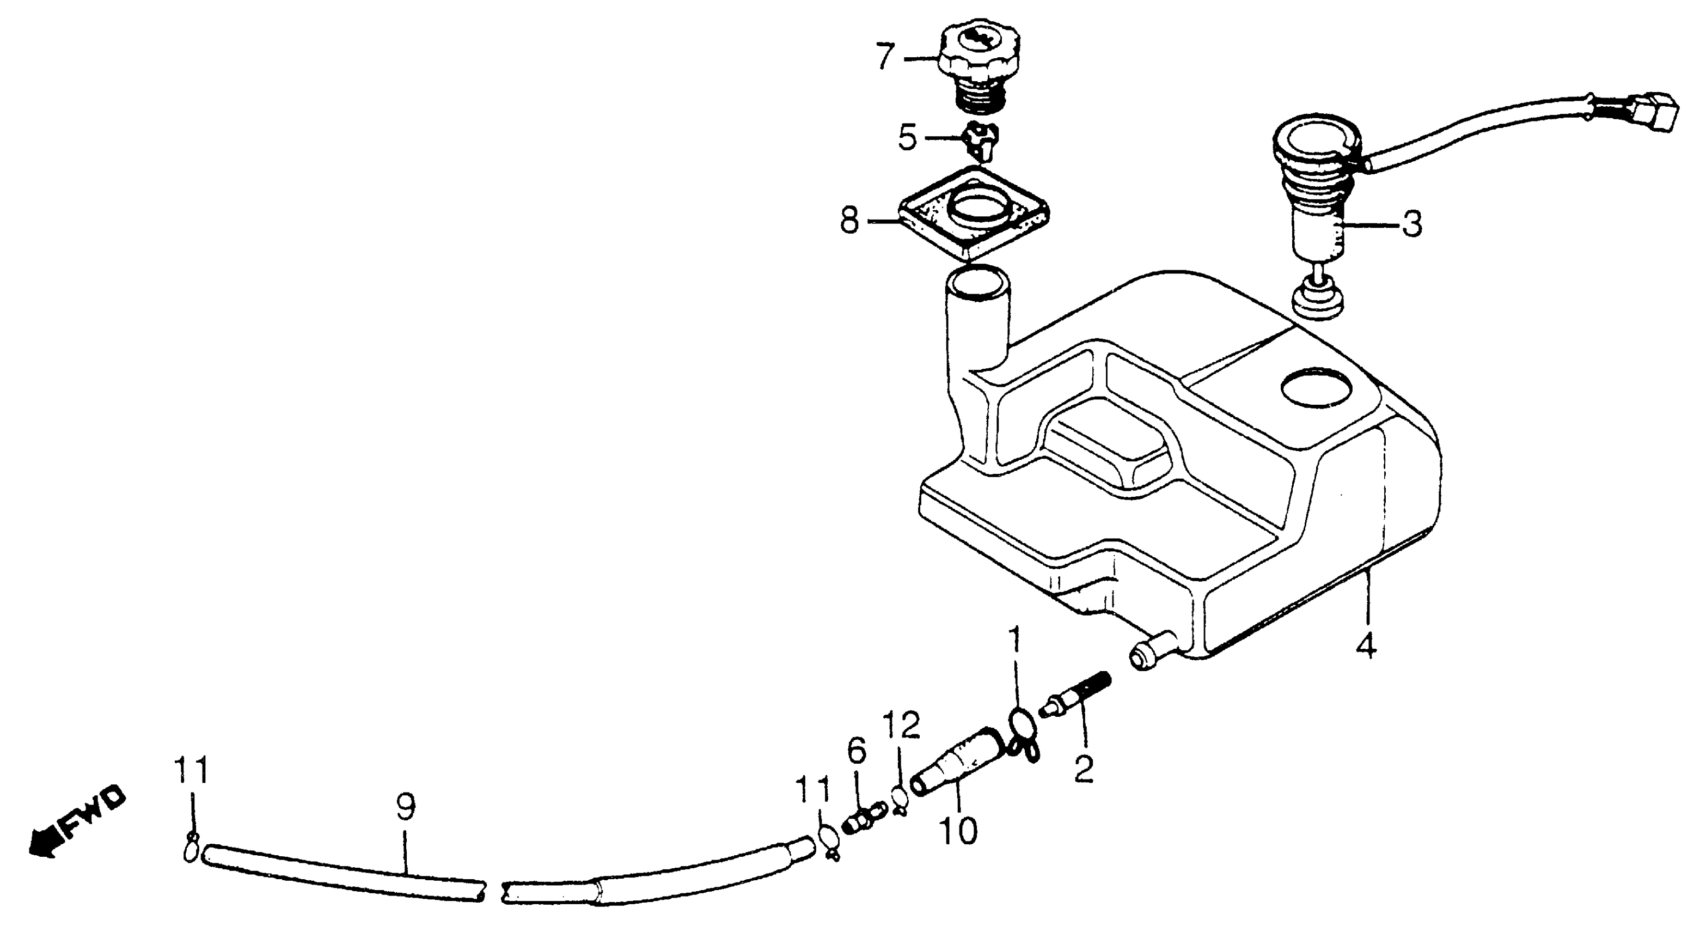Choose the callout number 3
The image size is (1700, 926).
click(x=1411, y=224)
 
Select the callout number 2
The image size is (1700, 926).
click(x=1084, y=769)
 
